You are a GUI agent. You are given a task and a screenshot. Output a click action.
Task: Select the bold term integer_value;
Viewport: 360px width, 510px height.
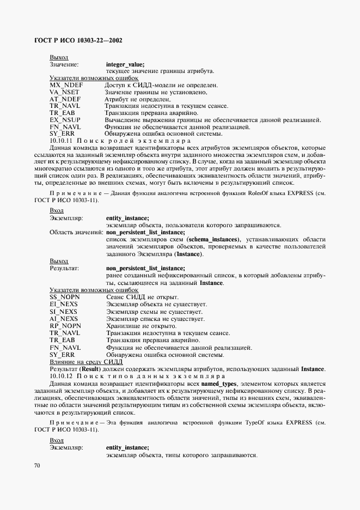click(125, 64)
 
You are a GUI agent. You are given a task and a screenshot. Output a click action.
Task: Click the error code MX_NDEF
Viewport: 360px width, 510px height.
click(65, 86)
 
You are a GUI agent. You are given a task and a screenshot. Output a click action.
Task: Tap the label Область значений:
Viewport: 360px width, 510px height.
click(76, 232)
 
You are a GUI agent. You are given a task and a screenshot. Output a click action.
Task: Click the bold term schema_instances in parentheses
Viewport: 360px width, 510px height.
click(212, 240)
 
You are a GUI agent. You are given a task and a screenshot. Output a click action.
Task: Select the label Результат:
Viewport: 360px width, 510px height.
click(65, 268)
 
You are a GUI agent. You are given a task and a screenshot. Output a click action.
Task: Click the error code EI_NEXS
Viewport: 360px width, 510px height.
click(64, 303)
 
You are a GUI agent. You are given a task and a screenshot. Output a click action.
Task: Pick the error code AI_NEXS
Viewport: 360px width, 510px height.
click(64, 318)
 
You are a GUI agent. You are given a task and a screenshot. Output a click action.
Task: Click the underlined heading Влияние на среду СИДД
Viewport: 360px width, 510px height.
click(86, 361)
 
